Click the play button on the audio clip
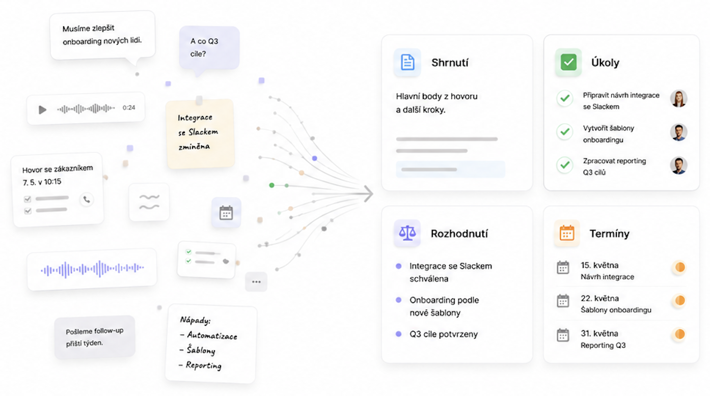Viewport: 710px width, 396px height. coord(42,109)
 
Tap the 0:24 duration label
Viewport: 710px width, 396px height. coord(129,108)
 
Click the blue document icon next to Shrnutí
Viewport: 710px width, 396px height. coord(407,62)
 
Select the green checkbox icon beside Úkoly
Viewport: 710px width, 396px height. coord(568,62)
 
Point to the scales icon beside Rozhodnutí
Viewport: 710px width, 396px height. coord(407,233)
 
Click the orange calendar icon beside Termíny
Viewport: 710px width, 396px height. coord(567,233)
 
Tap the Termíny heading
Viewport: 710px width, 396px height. coord(609,234)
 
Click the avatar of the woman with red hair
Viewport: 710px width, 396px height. coord(678,99)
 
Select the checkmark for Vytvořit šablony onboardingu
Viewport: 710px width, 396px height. coord(564,131)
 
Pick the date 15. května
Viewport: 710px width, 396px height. coord(599,265)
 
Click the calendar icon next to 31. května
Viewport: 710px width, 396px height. coord(563,335)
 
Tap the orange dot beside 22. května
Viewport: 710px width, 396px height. coord(679,300)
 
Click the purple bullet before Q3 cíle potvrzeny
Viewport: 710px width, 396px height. coord(399,334)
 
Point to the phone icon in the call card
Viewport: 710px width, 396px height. coord(87,200)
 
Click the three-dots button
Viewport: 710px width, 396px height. coord(256,281)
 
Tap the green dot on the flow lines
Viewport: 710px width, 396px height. coord(271,185)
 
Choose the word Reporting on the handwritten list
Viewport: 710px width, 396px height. coord(204,365)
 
